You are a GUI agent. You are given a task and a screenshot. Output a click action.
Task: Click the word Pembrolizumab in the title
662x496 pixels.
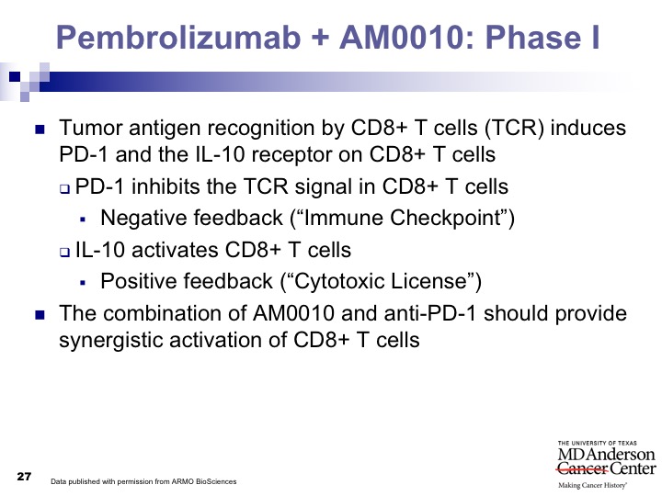[x=178, y=37]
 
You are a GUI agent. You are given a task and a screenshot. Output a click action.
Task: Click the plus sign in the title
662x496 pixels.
[x=320, y=38]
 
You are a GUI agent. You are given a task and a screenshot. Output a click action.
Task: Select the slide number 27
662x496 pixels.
[x=24, y=477]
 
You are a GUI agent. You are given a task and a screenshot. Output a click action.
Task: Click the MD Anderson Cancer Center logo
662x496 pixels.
[x=606, y=465]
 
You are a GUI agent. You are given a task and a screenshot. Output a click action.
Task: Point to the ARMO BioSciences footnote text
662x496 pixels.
[x=143, y=481]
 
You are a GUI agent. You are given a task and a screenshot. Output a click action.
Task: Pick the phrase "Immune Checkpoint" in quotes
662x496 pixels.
[x=402, y=218]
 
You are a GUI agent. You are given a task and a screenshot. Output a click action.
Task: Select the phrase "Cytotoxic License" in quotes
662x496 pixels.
[x=381, y=281]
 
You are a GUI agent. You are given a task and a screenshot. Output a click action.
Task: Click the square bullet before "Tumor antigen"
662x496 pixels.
[x=40, y=130]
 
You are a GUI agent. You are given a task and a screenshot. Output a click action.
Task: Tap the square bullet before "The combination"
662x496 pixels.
[x=40, y=315]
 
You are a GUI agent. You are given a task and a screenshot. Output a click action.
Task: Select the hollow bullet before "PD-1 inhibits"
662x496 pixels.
[x=64, y=188]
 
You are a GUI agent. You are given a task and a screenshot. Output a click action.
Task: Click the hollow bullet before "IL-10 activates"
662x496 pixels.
[x=64, y=253]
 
